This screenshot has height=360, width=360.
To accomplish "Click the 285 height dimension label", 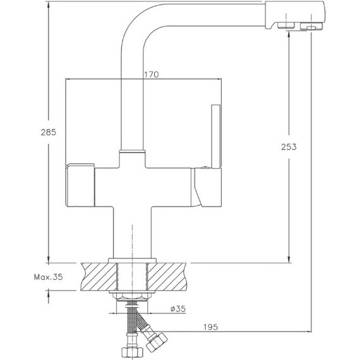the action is pyautogui.click(x=48, y=132).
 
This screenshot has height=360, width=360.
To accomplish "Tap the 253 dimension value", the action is pyautogui.click(x=289, y=147).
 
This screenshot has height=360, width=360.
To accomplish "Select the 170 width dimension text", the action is pyautogui.click(x=152, y=75).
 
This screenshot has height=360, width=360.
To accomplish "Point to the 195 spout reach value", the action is pyautogui.click(x=210, y=327).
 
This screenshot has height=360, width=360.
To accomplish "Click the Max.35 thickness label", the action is pyautogui.click(x=48, y=277).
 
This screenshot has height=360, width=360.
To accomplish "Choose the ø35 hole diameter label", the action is pyautogui.click(x=178, y=309).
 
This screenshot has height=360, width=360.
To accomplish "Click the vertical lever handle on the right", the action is pyautogui.click(x=216, y=136).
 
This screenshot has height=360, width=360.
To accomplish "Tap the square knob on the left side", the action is pyautogui.click(x=80, y=185).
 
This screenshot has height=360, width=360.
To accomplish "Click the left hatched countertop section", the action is pyautogui.click(x=99, y=277).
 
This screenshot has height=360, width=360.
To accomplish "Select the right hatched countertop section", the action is pyautogui.click(x=167, y=277).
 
